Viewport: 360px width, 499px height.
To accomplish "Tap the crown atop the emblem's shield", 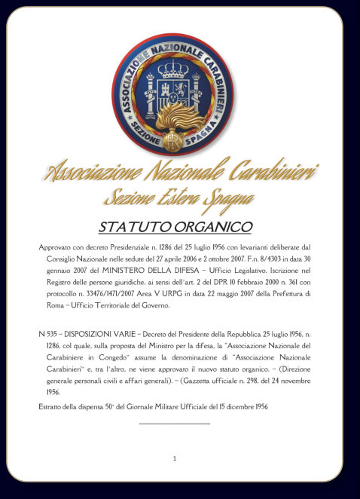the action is [x=172, y=69].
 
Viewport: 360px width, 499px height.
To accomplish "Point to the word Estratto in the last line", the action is [x=52, y=407].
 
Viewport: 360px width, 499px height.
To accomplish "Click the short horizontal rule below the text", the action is [x=175, y=424].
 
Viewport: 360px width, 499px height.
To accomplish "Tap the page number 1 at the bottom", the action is [x=175, y=458].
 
